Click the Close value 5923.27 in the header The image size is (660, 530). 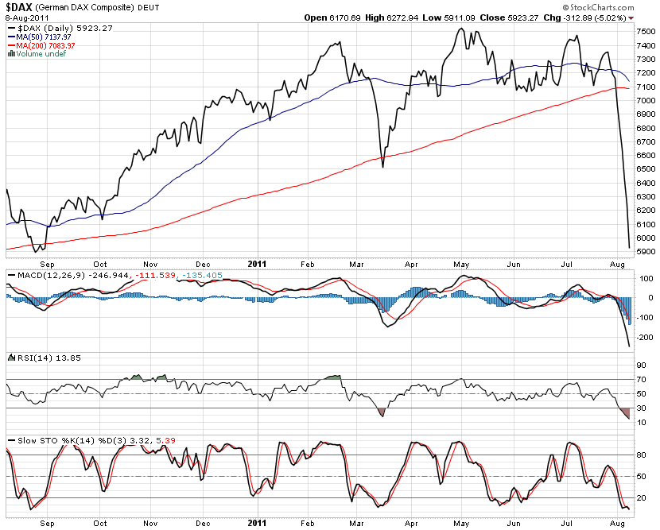(x=522, y=17)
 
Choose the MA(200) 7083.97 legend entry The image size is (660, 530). (x=45, y=45)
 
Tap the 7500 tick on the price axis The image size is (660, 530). (x=646, y=32)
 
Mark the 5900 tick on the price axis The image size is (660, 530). (x=646, y=252)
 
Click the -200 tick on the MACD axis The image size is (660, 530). (x=646, y=338)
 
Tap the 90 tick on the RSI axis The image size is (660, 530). (x=641, y=365)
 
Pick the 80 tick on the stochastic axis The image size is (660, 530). (x=641, y=455)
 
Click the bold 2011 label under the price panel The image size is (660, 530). (x=258, y=263)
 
